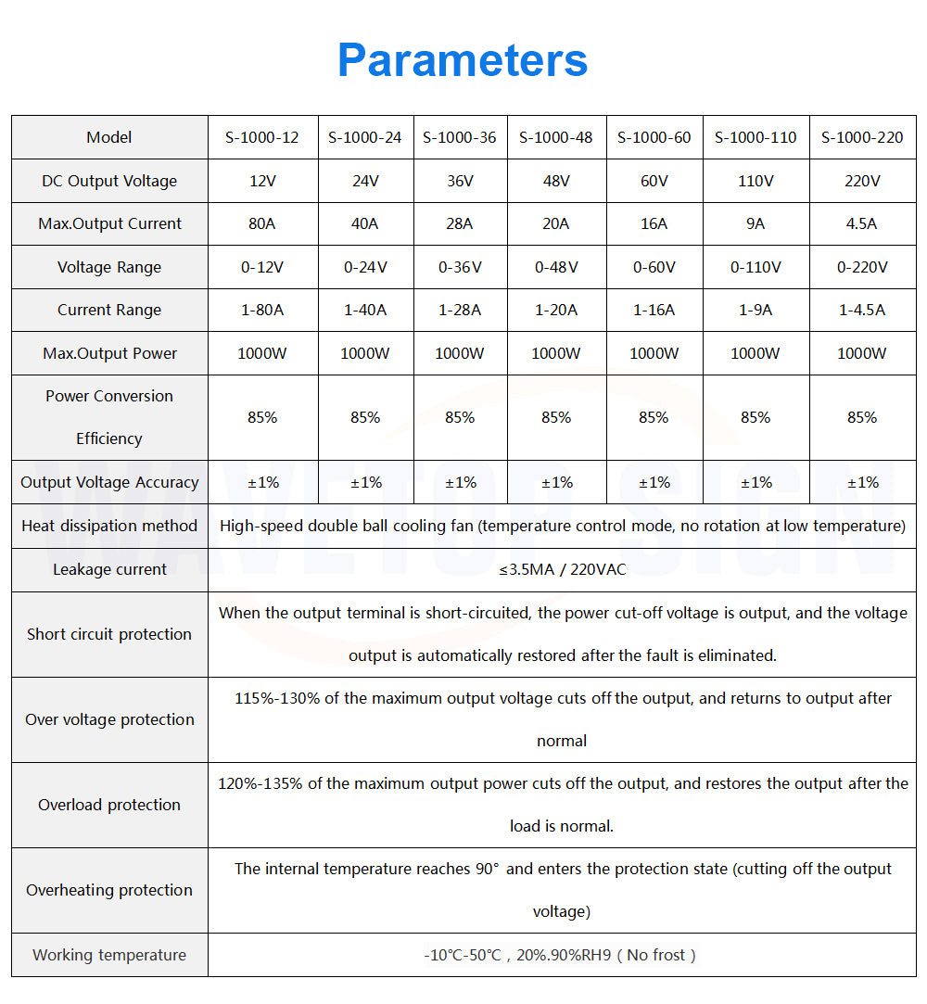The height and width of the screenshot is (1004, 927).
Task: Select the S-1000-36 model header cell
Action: click(460, 137)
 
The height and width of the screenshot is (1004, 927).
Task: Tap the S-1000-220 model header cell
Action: click(862, 137)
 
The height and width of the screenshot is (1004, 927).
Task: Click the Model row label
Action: click(109, 137)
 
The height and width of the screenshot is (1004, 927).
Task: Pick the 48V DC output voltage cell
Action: click(556, 181)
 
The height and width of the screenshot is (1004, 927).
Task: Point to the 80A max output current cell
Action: click(262, 223)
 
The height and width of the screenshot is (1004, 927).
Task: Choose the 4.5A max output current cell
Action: click(862, 223)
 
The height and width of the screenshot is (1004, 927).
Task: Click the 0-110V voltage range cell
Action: click(756, 267)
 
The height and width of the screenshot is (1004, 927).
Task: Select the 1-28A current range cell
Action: click(460, 310)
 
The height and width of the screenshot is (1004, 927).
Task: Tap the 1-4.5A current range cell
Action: click(862, 310)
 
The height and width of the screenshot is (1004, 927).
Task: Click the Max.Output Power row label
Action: click(109, 353)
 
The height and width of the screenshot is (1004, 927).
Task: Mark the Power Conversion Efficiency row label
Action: click(109, 417)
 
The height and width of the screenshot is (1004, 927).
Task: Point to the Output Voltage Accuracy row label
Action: click(109, 482)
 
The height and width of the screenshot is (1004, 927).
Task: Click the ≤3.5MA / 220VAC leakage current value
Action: click(562, 569)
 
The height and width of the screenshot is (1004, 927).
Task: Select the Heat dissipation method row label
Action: click(109, 526)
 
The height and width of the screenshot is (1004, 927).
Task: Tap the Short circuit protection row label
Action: click(109, 634)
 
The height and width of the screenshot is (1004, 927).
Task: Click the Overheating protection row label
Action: click(109, 890)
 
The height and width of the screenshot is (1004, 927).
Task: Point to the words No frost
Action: click(656, 955)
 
